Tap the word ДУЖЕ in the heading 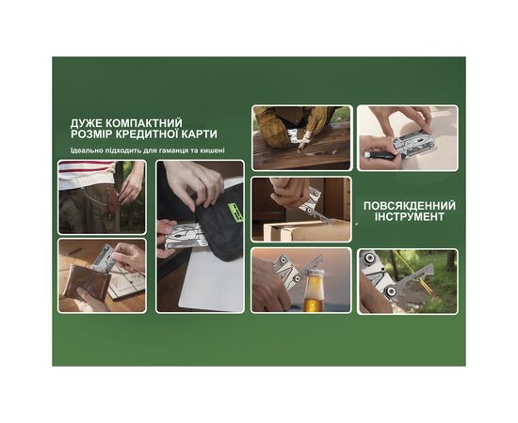coord(88,122)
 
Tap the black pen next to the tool coord(377,152)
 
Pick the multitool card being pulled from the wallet coord(111,259)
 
